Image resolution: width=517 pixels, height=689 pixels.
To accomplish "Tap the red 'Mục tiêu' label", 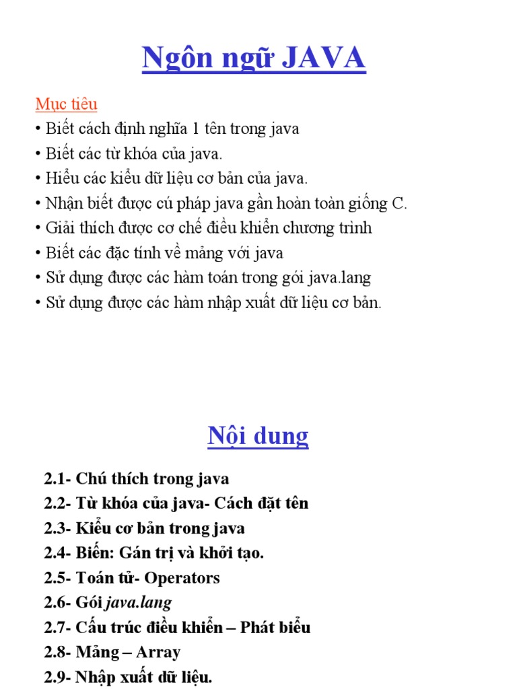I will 66,104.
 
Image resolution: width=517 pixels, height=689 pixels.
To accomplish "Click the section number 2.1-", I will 58,479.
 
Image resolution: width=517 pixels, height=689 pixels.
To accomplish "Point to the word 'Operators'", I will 182,578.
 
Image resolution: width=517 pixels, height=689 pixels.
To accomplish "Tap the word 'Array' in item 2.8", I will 158,653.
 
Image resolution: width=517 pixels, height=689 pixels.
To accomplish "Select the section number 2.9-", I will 58,678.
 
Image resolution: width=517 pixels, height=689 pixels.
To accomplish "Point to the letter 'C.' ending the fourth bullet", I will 399,203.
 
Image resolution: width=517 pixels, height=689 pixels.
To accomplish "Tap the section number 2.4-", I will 58,553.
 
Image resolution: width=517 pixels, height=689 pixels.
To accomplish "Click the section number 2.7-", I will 58,628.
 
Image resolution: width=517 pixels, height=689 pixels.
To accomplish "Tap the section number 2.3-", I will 58,528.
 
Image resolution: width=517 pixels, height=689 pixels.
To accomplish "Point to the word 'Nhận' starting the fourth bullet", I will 63,203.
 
